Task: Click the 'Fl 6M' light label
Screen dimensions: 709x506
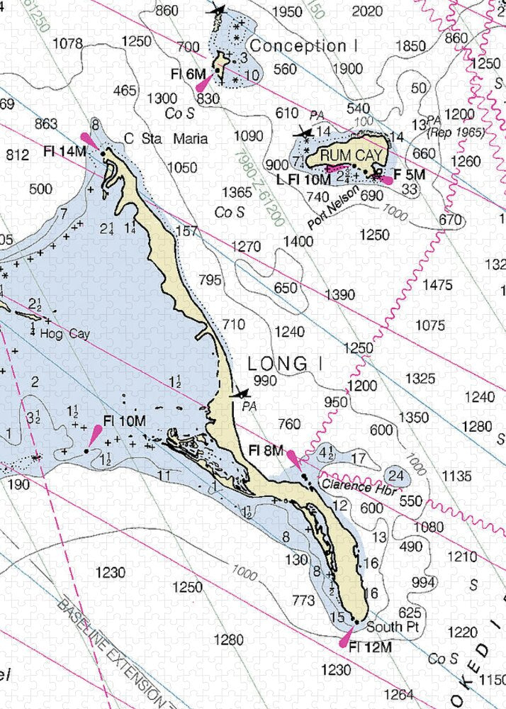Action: (x=188, y=73)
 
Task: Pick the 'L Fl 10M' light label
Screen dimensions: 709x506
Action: (x=304, y=180)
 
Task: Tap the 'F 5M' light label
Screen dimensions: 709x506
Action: (x=410, y=174)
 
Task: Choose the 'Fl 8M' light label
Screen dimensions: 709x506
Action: (x=266, y=450)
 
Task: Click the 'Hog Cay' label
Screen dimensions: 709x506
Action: (x=64, y=333)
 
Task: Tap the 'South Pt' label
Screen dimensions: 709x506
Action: (x=387, y=627)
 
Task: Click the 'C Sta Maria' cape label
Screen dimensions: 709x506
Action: (x=166, y=138)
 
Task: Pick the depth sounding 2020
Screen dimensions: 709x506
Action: (x=366, y=11)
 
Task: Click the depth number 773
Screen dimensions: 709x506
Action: (x=303, y=601)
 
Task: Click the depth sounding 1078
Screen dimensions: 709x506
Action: (x=68, y=44)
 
